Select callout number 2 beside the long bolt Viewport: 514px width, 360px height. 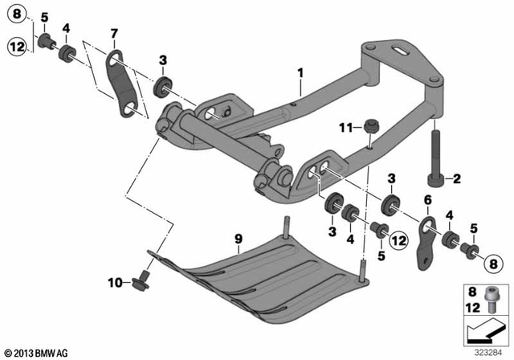tap(457, 178)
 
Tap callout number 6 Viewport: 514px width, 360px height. tap(427, 199)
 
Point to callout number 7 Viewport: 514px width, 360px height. tap(114, 32)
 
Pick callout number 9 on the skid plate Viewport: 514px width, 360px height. tap(238, 238)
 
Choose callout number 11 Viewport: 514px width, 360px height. tap(345, 127)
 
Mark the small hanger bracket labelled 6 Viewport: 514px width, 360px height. tap(422, 239)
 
